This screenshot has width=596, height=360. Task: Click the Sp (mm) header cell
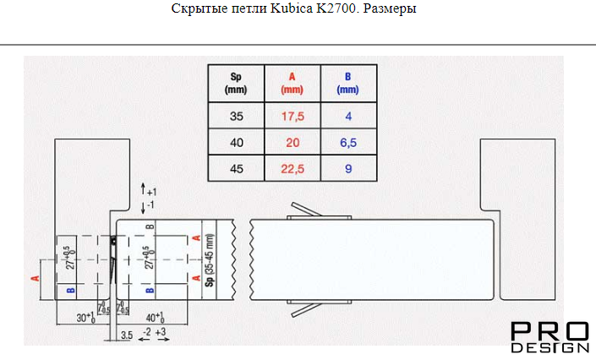click(x=236, y=83)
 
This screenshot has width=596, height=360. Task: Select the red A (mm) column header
click(x=293, y=83)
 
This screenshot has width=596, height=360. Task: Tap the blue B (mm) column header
click(x=348, y=83)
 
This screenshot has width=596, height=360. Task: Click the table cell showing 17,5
click(x=293, y=116)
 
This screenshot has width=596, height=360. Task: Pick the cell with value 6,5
click(x=348, y=142)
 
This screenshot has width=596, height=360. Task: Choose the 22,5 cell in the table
click(x=293, y=168)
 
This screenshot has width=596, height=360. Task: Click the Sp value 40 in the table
click(x=236, y=142)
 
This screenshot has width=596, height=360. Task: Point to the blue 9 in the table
click(x=348, y=168)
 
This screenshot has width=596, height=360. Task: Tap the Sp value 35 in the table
click(x=236, y=116)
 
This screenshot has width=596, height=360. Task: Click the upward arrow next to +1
click(x=144, y=188)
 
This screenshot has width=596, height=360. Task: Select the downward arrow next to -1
click(x=144, y=208)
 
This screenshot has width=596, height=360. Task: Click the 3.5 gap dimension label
click(x=127, y=335)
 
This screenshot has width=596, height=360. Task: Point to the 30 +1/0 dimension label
click(x=86, y=317)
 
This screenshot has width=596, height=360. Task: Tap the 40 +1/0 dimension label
click(x=156, y=317)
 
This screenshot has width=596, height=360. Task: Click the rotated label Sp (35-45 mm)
click(x=210, y=259)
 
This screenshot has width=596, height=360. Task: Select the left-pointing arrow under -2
click(x=145, y=339)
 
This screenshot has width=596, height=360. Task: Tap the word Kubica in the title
click(x=292, y=8)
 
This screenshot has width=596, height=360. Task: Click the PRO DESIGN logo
click(x=550, y=337)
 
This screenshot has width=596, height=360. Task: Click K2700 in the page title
click(x=337, y=8)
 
